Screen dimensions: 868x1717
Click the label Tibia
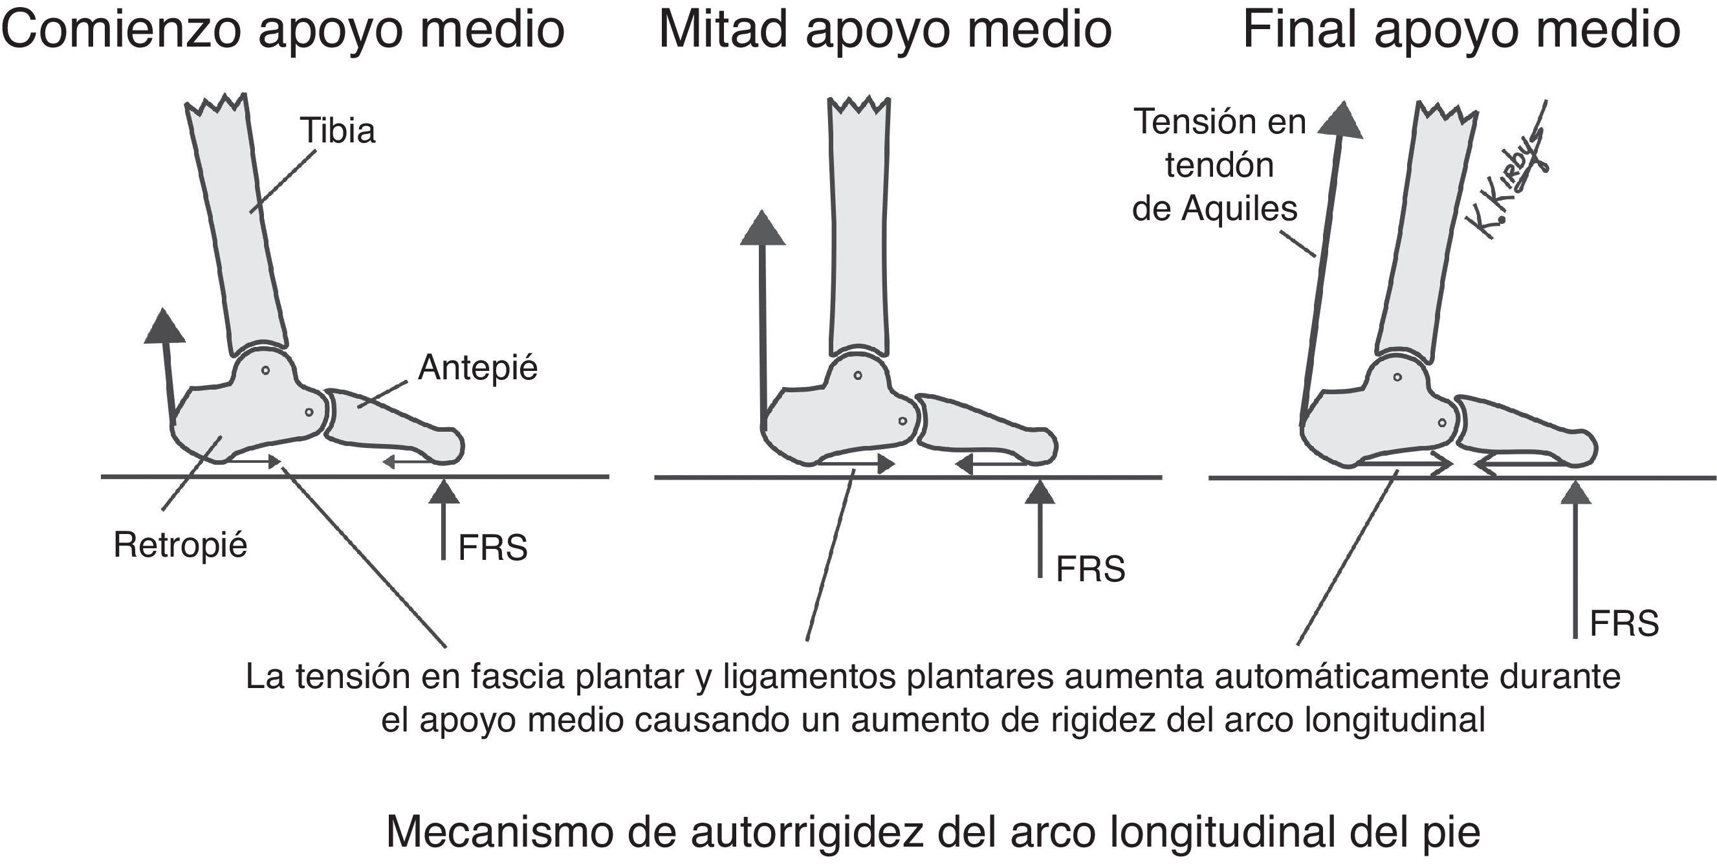338,131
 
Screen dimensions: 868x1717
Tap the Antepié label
477,368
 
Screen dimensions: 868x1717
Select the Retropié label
180,546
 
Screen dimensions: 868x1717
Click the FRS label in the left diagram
492,548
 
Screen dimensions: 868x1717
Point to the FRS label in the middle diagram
1091,570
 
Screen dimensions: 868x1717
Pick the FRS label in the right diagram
1624,624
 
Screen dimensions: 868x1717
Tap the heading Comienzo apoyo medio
283,30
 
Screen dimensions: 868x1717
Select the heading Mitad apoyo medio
885,30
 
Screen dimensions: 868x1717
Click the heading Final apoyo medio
1461,30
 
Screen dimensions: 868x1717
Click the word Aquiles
1239,209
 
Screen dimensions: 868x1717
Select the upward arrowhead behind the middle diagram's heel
763,228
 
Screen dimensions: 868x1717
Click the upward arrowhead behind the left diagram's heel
164,326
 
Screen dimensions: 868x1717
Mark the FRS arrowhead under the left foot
444,493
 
